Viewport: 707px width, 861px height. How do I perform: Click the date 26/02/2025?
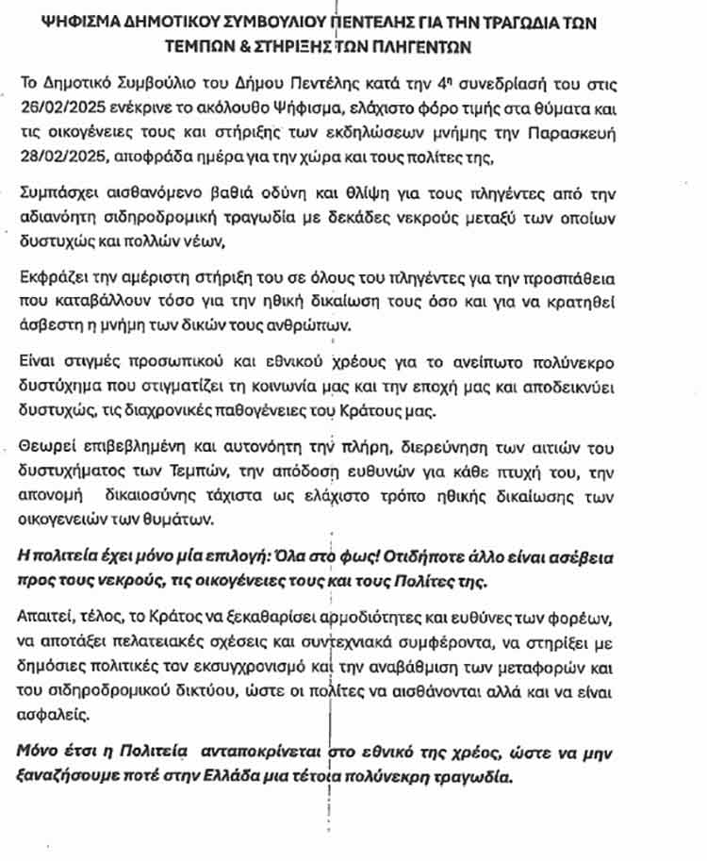(62, 110)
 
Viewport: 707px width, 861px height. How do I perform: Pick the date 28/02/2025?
(62, 156)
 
